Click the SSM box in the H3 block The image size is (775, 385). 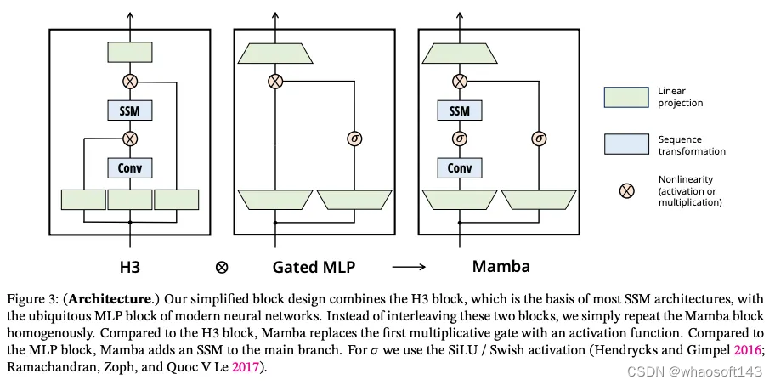(130, 110)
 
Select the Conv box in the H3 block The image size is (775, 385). (130, 167)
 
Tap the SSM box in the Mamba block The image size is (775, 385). (459, 110)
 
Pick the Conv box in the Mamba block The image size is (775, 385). (459, 167)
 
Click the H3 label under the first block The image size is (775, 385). (129, 266)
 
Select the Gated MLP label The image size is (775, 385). (314, 266)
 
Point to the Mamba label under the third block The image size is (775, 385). (501, 266)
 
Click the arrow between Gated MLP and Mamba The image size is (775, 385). (410, 266)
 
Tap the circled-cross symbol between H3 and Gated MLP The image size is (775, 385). (222, 267)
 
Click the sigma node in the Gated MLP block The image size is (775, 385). (356, 138)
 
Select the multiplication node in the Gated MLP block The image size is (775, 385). (274, 82)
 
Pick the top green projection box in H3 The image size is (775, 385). (130, 52)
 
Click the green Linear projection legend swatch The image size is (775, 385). (626, 97)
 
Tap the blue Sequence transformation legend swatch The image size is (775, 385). (626, 144)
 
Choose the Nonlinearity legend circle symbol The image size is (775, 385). (626, 190)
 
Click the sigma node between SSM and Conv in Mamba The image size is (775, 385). (459, 138)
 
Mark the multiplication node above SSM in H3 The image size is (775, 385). (130, 82)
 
